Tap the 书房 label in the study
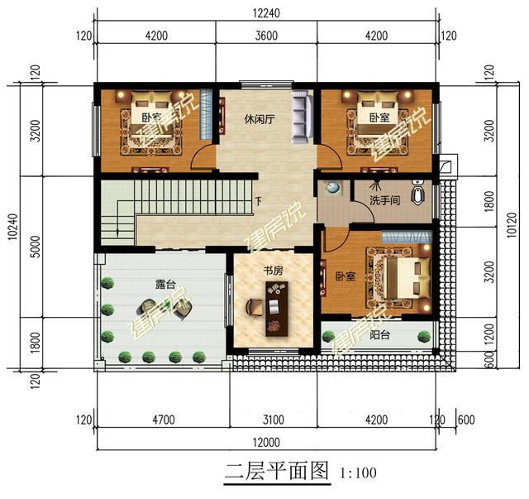[274, 270]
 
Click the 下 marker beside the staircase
[259, 201]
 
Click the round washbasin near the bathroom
[332, 188]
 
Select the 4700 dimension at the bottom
[162, 420]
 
